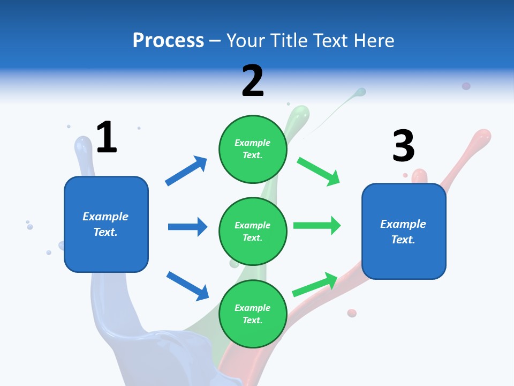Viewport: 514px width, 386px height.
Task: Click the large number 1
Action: tap(107, 138)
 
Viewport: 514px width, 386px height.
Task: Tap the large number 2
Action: tap(253, 81)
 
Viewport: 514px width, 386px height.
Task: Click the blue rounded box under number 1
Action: tap(106, 224)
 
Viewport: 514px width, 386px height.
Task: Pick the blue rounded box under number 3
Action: tap(404, 231)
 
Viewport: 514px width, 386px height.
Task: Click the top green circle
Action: tap(253, 149)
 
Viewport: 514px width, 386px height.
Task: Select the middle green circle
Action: tap(253, 231)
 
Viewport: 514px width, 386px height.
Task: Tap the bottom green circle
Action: tap(253, 314)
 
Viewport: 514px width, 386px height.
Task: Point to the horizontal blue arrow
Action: tap(187, 227)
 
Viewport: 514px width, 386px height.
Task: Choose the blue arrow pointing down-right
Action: tap(187, 286)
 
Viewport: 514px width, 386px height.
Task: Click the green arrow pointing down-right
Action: tap(319, 171)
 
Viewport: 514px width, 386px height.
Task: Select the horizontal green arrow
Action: tap(317, 226)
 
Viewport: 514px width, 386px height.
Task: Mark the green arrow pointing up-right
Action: tap(315, 284)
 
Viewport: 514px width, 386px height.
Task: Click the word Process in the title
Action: tap(168, 40)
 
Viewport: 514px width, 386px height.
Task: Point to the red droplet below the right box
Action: tap(352, 313)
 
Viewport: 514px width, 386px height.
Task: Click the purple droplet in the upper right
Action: tap(466, 86)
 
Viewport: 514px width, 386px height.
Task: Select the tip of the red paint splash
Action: tap(483, 135)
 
